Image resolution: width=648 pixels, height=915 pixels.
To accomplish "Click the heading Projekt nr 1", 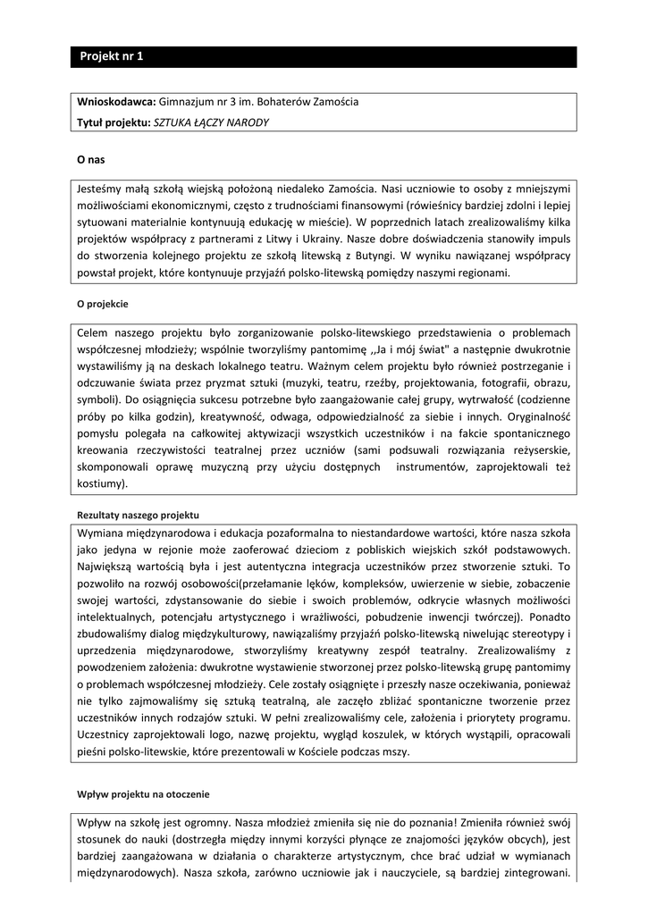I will point(112,56).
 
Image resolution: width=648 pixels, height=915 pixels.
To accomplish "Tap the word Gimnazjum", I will point(186,102).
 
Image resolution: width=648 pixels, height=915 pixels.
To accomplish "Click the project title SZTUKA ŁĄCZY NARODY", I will point(211,122).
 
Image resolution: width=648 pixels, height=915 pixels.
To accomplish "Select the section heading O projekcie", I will point(103,303).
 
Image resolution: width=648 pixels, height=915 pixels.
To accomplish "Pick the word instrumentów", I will point(437,467).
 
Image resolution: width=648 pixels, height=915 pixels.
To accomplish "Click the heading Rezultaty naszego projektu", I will point(138,516).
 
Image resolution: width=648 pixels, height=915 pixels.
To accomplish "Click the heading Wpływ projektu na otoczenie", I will point(143,793).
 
